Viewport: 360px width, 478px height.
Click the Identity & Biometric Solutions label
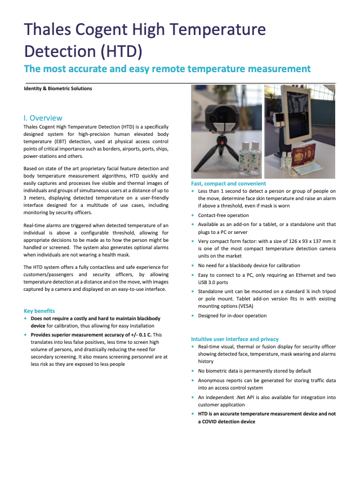point(58,88)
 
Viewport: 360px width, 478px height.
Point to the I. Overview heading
point(43,118)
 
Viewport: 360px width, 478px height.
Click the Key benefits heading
point(39,311)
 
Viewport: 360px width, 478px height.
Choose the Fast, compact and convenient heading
point(229,184)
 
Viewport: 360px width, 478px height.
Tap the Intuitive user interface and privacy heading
point(235,339)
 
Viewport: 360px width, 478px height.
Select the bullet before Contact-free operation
point(194,215)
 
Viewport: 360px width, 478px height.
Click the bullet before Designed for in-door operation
point(194,316)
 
